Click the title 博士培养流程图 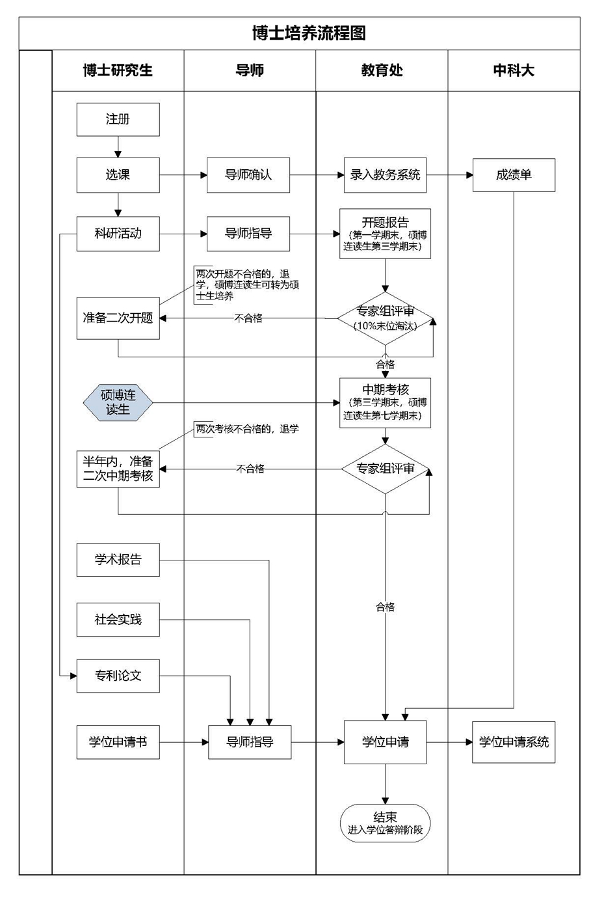click(x=309, y=33)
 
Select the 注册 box click(x=118, y=119)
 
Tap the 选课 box click(x=118, y=174)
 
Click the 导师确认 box click(x=248, y=174)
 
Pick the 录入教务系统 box click(x=385, y=174)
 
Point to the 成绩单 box click(x=514, y=174)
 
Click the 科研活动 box click(x=118, y=233)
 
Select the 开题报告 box click(x=385, y=234)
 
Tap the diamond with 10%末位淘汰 click(x=385, y=318)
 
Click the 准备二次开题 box click(x=118, y=318)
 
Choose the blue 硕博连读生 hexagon click(x=118, y=402)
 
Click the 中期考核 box click(x=385, y=402)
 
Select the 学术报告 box click(x=118, y=559)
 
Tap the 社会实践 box click(x=118, y=619)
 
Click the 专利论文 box click(x=118, y=675)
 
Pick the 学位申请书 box click(x=118, y=741)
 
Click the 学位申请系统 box click(x=514, y=741)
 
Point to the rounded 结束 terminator click(x=385, y=823)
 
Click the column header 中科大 click(x=514, y=70)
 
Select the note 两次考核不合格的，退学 click(x=247, y=429)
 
